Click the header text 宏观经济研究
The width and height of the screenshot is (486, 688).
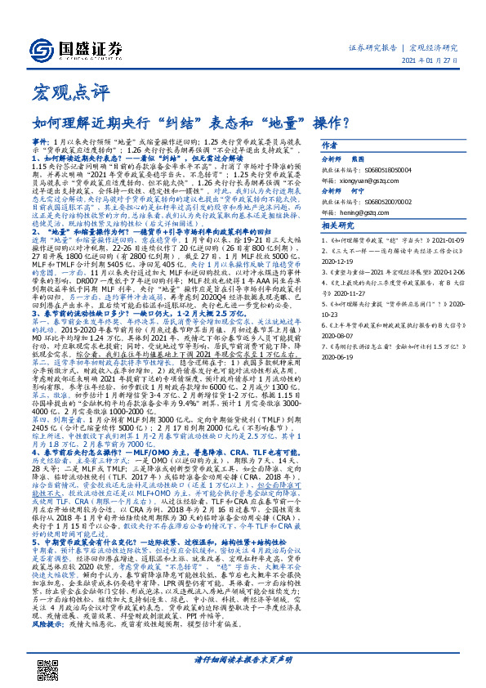tap(434, 47)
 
